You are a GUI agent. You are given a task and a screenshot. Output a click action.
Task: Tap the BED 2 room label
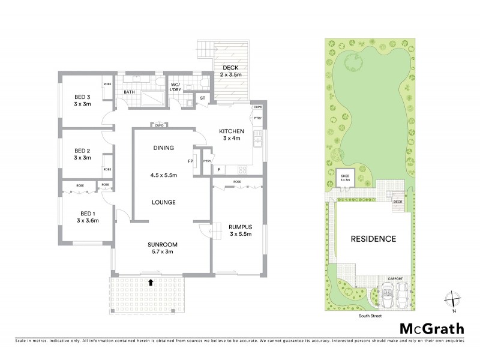click(82, 154)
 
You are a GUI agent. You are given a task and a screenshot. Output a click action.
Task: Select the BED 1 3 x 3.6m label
click(87, 216)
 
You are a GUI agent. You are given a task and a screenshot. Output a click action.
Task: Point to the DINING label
click(163, 148)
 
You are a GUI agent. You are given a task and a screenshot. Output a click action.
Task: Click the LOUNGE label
click(163, 202)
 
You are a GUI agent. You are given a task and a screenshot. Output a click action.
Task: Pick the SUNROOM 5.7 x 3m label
click(163, 248)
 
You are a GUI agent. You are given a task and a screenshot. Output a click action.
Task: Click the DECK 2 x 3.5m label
click(230, 71)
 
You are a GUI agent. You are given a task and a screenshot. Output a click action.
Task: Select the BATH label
click(129, 92)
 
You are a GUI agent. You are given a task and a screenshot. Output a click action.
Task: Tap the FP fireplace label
click(190, 161)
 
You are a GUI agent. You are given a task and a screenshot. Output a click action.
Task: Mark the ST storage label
click(202, 97)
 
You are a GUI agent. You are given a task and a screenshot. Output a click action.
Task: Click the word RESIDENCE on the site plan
click(373, 239)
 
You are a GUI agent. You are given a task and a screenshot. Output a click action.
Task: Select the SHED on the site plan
click(345, 178)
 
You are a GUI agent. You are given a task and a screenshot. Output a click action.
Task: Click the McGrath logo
click(431, 328)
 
